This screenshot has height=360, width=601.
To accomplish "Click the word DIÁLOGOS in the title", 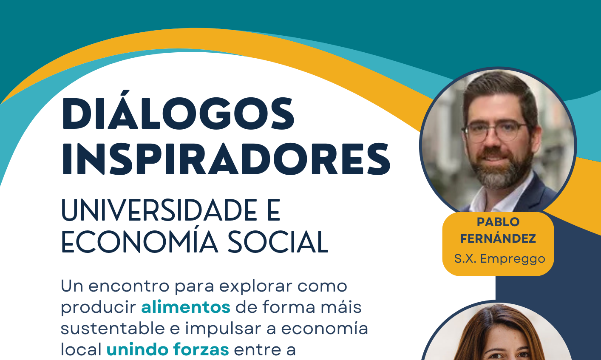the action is coord(178,110).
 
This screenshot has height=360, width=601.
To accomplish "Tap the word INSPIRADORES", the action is coord(226,159).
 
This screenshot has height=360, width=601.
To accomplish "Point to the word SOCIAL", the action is coord(278,242).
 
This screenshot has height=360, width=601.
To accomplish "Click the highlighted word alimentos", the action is coord(186,307).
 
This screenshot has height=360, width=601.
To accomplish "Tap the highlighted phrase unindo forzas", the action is coord(168,349).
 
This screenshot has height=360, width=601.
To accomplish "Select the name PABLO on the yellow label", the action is coord(498,222).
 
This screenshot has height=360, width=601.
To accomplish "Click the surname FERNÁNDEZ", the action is coord(498,238).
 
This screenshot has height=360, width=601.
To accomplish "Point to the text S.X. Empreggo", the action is coord(499,259).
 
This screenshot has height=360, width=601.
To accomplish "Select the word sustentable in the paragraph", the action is coord(113,329).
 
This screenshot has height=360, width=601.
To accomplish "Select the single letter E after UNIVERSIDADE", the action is coord(274,210).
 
